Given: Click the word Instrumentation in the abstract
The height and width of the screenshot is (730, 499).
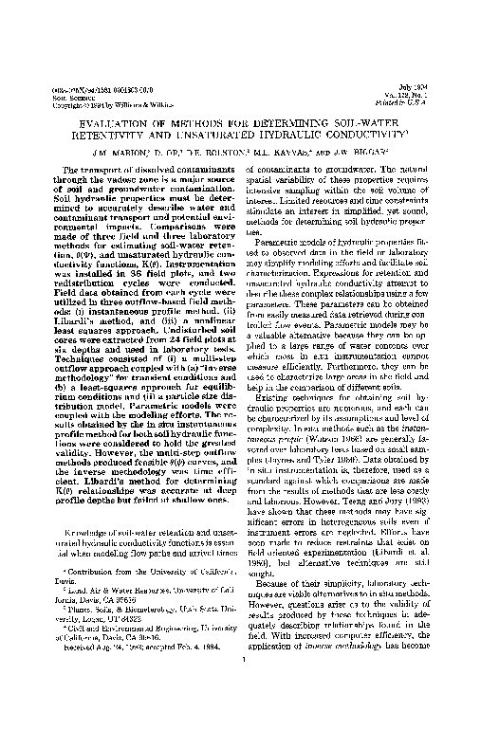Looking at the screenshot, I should pyautogui.click(x=182, y=272).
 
